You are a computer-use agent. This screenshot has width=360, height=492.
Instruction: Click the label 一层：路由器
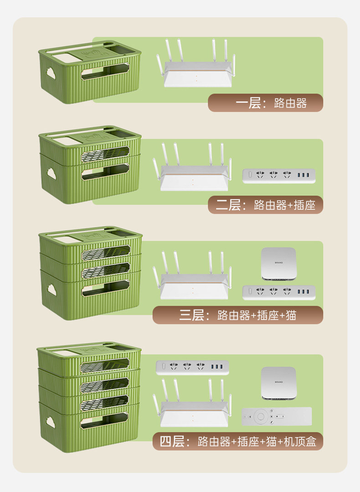click(265, 103)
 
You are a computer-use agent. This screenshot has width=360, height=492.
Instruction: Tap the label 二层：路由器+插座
click(265, 205)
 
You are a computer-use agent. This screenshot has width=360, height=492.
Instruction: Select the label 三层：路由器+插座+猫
click(237, 315)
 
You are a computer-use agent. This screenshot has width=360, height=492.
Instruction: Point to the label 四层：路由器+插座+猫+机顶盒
click(237, 441)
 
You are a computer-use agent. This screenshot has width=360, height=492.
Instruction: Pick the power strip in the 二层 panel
click(279, 175)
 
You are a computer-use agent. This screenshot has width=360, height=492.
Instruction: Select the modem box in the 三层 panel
click(279, 263)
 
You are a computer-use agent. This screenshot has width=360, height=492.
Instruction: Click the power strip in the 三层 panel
click(279, 292)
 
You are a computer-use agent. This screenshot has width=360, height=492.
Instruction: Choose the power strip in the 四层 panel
click(192, 367)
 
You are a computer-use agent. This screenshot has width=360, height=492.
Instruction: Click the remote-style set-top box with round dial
click(277, 416)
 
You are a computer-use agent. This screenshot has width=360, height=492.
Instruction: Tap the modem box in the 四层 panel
click(279, 383)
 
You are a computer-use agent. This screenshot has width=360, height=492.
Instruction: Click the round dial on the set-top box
click(260, 416)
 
